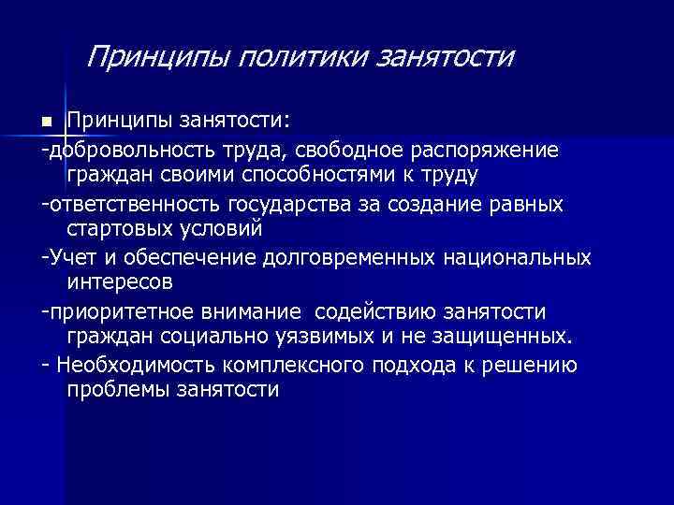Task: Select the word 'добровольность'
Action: tap(119, 150)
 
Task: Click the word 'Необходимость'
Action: tap(125, 365)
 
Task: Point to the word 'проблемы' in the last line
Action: tap(117, 390)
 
